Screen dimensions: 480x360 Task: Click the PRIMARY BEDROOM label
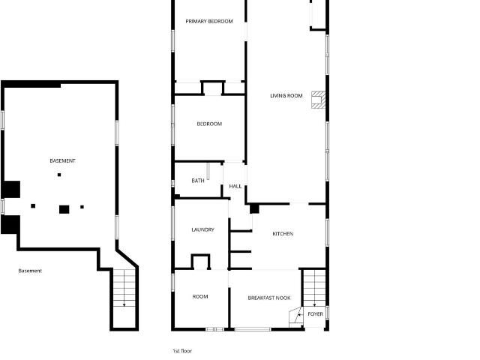[209, 21]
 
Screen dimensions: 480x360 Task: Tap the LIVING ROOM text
[286, 95]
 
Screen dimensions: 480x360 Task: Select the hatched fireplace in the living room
[318, 100]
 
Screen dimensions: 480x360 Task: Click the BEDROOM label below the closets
[209, 124]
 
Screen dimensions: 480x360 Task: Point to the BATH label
[198, 181]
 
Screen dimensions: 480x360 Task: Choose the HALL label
[235, 186]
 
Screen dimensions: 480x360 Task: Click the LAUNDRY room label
[202, 229]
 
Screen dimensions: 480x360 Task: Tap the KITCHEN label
[283, 233]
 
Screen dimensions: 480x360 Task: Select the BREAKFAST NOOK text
[269, 298]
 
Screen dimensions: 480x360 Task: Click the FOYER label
[315, 313]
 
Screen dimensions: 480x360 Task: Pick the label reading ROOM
[200, 296]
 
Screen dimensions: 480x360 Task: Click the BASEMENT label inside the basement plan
[62, 160]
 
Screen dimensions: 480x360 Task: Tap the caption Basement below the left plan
[30, 271]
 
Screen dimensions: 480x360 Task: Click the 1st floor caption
[182, 351]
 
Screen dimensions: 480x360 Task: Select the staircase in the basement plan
[124, 288]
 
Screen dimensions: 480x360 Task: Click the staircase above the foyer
[314, 288]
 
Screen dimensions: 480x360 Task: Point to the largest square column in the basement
[64, 209]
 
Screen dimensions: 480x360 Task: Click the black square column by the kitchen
[254, 209]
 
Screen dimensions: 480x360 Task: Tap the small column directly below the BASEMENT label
[59, 175]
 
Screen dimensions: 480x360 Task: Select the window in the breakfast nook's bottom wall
[253, 329]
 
